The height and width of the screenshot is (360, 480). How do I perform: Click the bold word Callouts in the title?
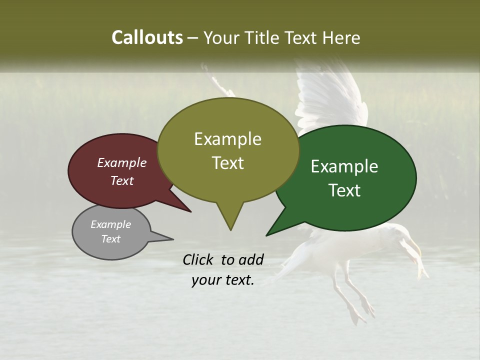click(147, 37)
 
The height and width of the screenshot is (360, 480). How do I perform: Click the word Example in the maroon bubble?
click(121, 162)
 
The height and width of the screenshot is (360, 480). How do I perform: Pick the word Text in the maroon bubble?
click(121, 180)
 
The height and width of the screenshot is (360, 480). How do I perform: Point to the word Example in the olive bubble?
click(227, 139)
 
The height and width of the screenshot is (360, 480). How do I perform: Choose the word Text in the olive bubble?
click(227, 163)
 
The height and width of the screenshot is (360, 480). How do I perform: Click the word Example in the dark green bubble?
click(344, 166)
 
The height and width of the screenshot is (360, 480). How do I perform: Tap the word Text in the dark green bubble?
click(344, 190)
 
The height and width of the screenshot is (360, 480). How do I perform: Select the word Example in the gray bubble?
click(110, 224)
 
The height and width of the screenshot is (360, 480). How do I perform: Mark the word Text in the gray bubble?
click(110, 239)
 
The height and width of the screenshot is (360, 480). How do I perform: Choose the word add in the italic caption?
click(251, 259)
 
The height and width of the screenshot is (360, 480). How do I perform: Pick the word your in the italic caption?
click(205, 280)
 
